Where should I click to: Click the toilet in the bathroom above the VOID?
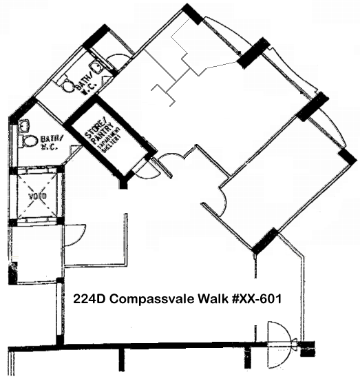29,141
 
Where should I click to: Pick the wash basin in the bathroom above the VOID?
24,125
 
